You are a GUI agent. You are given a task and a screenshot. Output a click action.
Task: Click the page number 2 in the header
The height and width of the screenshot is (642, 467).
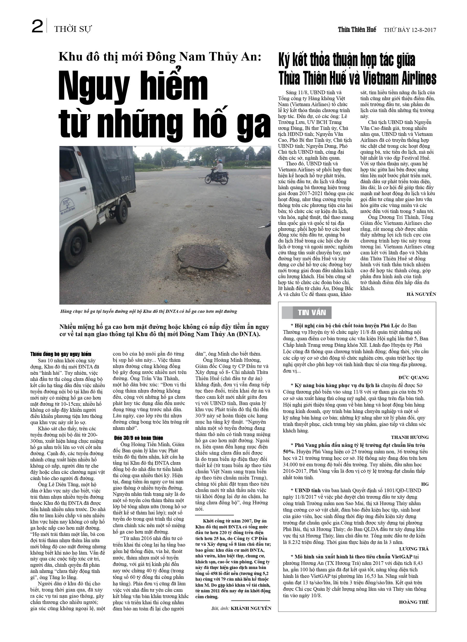tap(37, 27)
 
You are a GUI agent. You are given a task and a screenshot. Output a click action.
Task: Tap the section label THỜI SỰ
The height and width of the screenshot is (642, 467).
tap(73, 29)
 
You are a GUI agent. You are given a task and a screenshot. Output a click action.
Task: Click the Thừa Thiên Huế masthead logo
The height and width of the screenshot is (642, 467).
tap(357, 29)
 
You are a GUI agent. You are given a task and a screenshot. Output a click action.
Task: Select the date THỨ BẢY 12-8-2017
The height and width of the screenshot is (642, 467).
tap(410, 30)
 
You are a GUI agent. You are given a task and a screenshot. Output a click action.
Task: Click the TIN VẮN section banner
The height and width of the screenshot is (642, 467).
tap(312, 313)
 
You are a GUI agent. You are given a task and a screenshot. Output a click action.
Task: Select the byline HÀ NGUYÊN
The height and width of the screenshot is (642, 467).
tap(421, 294)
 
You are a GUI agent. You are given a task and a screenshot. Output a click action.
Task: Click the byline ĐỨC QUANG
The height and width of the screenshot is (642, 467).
tap(413, 378)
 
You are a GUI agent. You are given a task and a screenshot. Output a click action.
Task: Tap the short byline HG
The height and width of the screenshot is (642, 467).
tap(425, 484)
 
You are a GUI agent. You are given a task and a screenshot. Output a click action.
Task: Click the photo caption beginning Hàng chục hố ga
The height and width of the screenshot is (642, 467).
tap(148, 311)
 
